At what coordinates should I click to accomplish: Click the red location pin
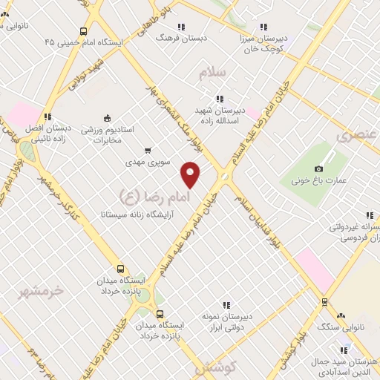tap(191, 174)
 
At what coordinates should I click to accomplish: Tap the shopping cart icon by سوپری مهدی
tap(147, 150)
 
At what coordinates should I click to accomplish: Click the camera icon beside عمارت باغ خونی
tap(319, 168)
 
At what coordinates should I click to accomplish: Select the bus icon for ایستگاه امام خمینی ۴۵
tap(83, 32)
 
